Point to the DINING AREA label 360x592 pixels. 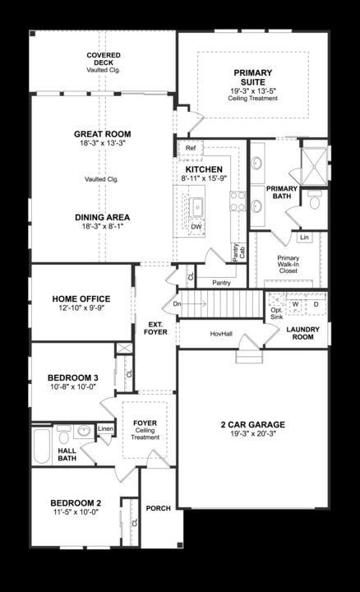[103, 218]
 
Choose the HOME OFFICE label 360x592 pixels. [81, 298]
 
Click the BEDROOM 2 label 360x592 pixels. [76, 502]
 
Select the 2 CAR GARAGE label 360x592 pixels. [252, 424]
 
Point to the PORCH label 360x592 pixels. [158, 508]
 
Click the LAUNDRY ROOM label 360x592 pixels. [302, 333]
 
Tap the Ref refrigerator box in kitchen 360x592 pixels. [190, 148]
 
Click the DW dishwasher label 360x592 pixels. [196, 226]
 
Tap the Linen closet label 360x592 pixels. [105, 428]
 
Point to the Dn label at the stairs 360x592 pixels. [176, 303]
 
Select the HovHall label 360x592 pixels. [220, 333]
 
